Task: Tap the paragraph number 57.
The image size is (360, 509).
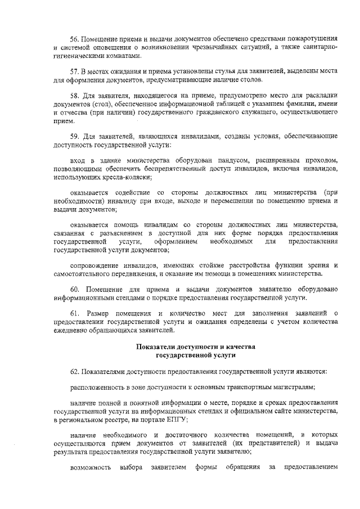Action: click(x=74, y=72)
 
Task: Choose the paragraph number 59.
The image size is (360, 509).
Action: click(x=74, y=137)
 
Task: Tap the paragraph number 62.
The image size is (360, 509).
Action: click(x=74, y=372)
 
